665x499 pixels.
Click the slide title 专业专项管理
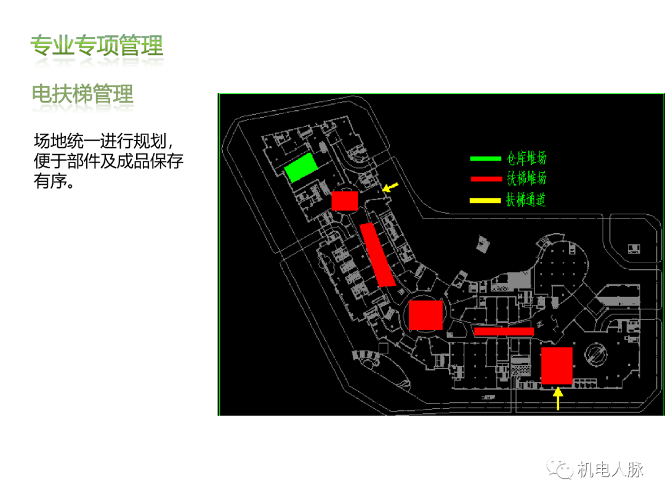[97, 46]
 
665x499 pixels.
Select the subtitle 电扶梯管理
[83, 94]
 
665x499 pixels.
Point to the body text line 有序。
[56, 182]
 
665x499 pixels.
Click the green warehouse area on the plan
[302, 168]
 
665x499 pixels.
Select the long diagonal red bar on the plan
[377, 255]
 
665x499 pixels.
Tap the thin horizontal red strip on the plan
[504, 331]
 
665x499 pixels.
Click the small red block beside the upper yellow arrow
[345, 201]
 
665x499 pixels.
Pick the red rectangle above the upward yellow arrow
[557, 366]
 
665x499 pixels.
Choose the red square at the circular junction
[425, 315]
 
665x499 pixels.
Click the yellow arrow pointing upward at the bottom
[558, 397]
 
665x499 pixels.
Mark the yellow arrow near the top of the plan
[390, 187]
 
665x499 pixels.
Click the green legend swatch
[486, 159]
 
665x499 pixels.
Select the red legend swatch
[486, 179]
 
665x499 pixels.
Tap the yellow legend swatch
[486, 200]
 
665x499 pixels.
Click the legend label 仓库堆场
[526, 158]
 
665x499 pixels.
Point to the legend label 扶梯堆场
[526, 179]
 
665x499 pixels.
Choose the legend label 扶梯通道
[526, 200]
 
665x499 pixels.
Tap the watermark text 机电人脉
[610, 469]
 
